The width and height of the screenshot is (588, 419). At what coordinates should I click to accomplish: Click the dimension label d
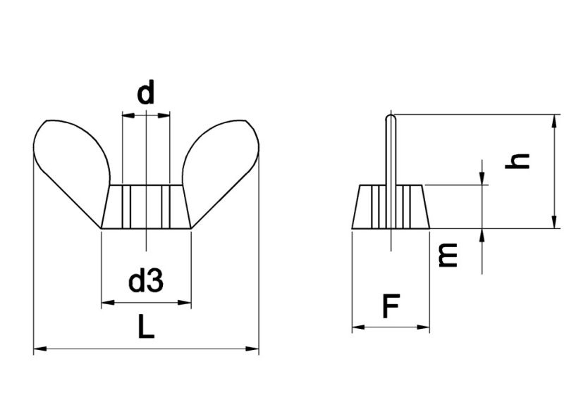click(x=146, y=93)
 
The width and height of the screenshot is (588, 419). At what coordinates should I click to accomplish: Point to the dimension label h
click(x=520, y=161)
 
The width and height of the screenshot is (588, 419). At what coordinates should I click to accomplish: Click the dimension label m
click(x=447, y=254)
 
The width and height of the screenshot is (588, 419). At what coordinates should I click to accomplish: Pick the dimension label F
click(x=391, y=307)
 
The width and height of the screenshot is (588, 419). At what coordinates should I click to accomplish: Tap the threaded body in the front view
click(x=146, y=206)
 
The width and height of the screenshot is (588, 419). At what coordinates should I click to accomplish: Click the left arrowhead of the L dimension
click(x=39, y=348)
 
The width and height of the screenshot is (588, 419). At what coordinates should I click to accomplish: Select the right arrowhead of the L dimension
click(x=254, y=348)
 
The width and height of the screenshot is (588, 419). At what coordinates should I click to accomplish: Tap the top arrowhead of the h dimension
click(x=555, y=120)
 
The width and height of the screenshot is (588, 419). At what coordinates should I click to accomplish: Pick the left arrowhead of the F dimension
click(x=357, y=327)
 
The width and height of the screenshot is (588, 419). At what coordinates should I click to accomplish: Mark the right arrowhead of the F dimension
click(x=425, y=327)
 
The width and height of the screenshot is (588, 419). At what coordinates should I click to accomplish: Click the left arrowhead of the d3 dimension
click(x=106, y=303)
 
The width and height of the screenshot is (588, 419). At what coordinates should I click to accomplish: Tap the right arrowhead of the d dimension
click(x=166, y=114)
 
